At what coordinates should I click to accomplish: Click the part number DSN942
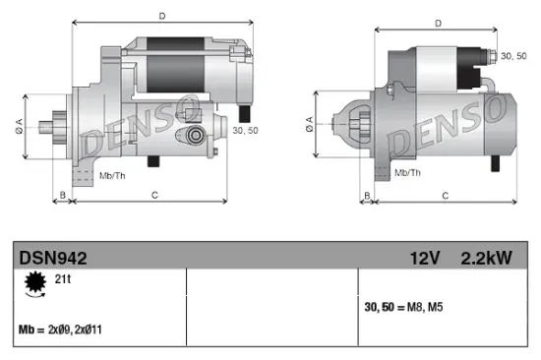(x=53, y=259)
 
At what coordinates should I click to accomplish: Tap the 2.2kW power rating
(x=486, y=259)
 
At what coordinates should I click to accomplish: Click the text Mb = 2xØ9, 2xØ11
(x=60, y=330)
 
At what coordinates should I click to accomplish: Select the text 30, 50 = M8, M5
(x=403, y=308)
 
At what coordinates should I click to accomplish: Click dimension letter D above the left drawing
(x=161, y=16)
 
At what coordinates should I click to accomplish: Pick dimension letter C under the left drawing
(x=154, y=196)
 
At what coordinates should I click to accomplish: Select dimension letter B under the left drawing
(x=62, y=196)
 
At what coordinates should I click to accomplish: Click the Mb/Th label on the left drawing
(x=112, y=175)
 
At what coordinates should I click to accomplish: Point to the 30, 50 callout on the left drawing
(x=245, y=128)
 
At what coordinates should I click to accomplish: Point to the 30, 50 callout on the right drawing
(x=514, y=56)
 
